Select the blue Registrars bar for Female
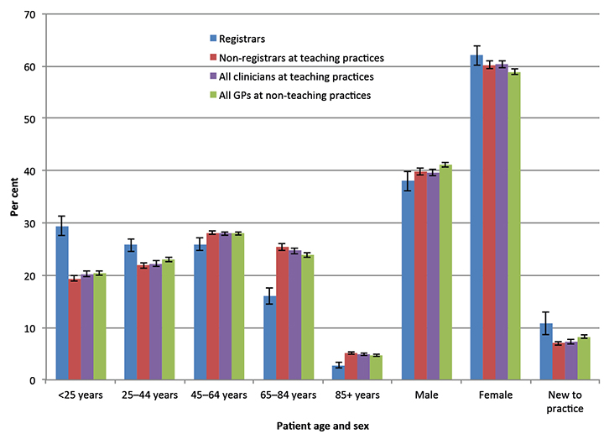click(x=476, y=217)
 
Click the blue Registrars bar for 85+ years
click(x=269, y=373)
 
